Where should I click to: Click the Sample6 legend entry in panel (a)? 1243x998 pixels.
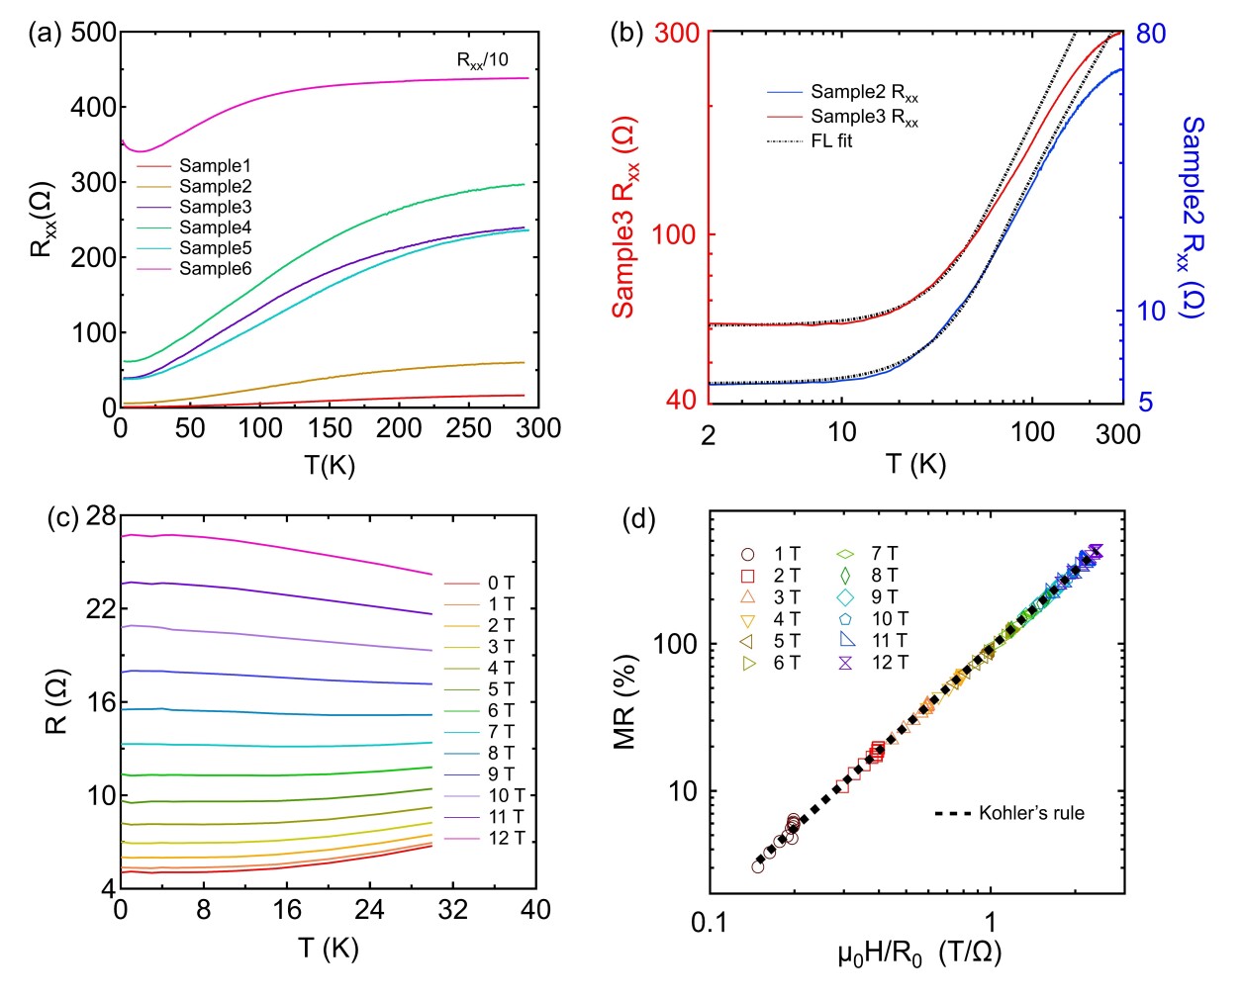(x=215, y=269)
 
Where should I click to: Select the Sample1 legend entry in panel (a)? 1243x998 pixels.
(x=215, y=166)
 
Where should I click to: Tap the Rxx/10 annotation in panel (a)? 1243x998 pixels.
(x=482, y=60)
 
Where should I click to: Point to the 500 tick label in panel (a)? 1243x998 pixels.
(x=94, y=33)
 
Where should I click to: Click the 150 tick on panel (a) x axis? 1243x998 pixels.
(x=329, y=428)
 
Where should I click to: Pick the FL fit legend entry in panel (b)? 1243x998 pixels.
(x=831, y=141)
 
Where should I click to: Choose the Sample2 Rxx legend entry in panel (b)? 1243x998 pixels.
(x=864, y=93)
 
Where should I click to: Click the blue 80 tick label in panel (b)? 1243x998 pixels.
(x=1151, y=34)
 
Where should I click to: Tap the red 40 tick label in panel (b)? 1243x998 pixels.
(x=681, y=400)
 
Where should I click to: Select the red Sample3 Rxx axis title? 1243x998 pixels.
(x=624, y=218)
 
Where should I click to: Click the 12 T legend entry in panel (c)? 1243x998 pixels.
(x=506, y=839)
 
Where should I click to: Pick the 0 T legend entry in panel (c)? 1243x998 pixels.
(x=501, y=584)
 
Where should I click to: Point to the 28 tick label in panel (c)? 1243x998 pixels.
(x=101, y=515)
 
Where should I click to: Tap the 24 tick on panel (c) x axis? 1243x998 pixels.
(x=369, y=910)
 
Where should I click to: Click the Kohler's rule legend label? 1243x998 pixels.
(x=1031, y=814)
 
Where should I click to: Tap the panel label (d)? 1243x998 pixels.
(x=638, y=518)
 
